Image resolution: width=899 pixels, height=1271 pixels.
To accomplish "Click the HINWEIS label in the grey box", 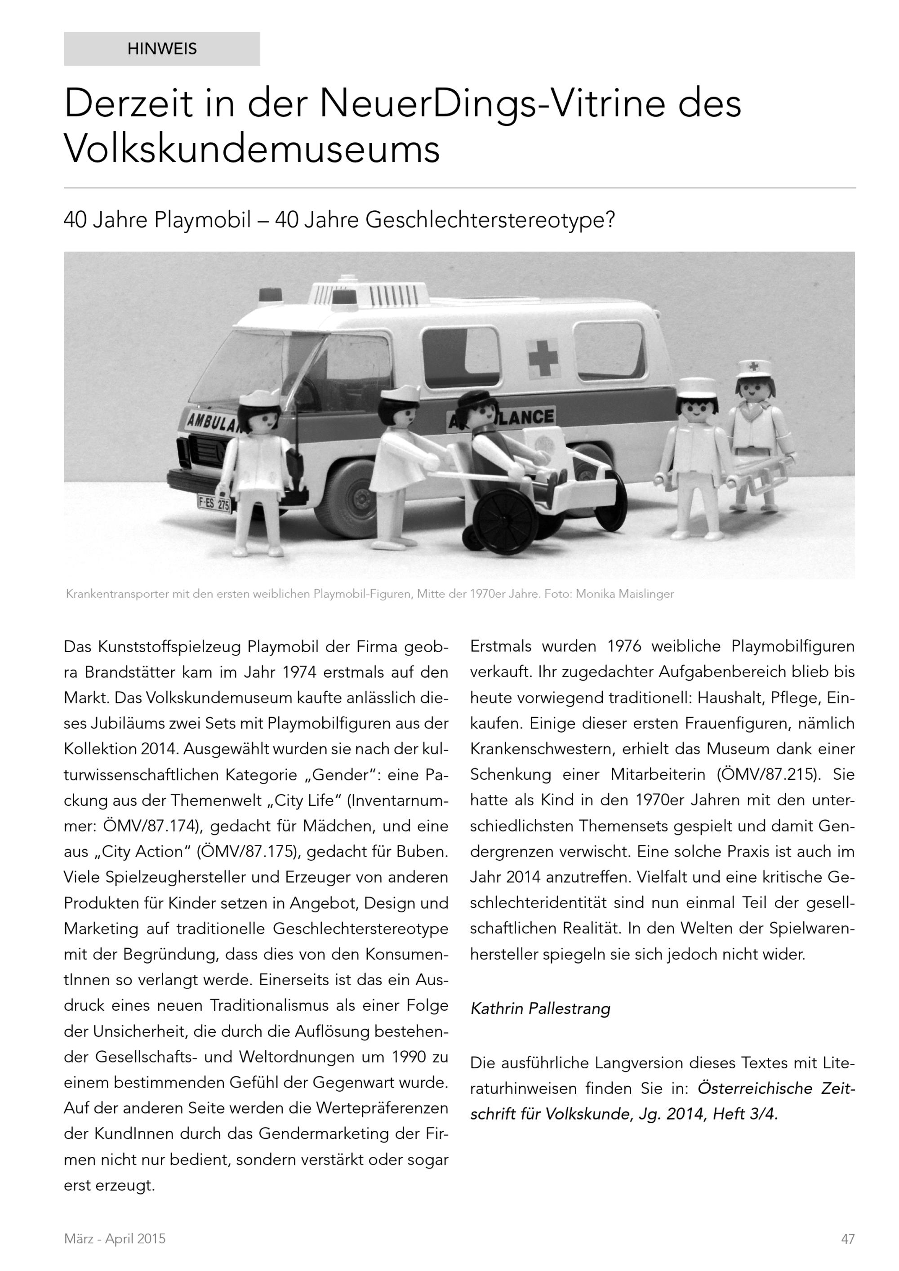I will pos(162,49).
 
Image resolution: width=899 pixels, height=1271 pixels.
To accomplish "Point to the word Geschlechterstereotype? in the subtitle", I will pos(490,220).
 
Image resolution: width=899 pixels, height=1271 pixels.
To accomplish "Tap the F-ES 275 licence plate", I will pos(214,504).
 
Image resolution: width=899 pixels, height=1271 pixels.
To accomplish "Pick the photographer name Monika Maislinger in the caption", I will pos(624,595).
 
